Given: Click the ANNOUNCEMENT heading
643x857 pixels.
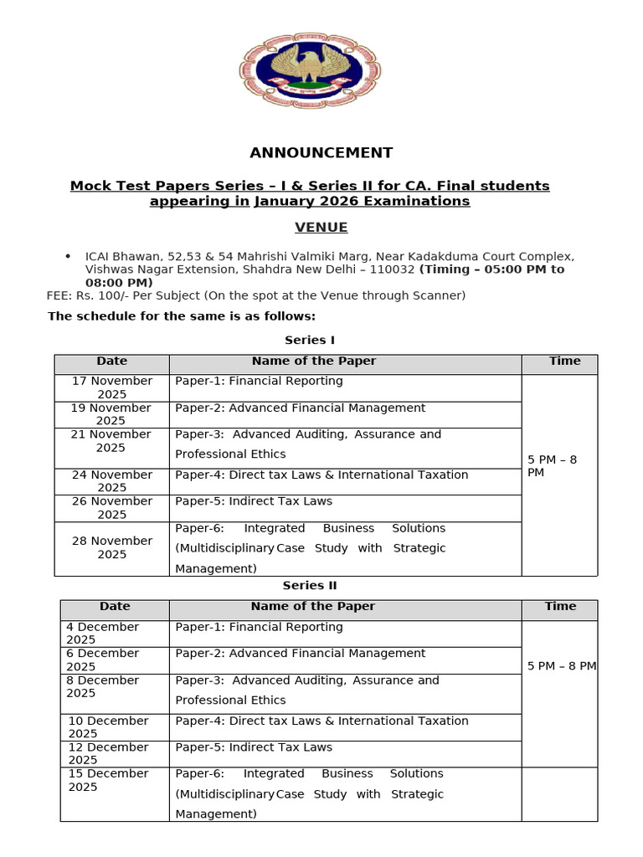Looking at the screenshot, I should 321,152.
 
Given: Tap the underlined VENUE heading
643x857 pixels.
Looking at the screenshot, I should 321,228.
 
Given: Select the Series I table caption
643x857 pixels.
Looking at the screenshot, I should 310,340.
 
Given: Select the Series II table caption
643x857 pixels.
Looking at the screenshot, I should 310,586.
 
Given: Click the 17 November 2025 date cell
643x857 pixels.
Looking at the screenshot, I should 112,387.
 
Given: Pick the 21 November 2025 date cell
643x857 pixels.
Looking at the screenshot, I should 112,441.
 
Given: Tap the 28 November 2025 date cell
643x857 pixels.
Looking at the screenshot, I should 112,547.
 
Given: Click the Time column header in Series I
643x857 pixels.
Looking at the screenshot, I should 564,361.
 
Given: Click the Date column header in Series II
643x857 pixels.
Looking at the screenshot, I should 115,606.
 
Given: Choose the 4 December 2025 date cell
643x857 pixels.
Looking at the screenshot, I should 103,633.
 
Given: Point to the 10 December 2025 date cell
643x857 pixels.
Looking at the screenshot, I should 108,726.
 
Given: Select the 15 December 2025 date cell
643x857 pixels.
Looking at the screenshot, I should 108,780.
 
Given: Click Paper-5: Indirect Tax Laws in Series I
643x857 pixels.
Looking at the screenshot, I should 254,501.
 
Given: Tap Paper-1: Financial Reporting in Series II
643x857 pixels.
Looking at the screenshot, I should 259,627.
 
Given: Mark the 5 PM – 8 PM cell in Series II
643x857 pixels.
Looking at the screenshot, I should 562,666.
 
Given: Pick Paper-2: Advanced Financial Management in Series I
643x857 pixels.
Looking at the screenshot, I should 300,408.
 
